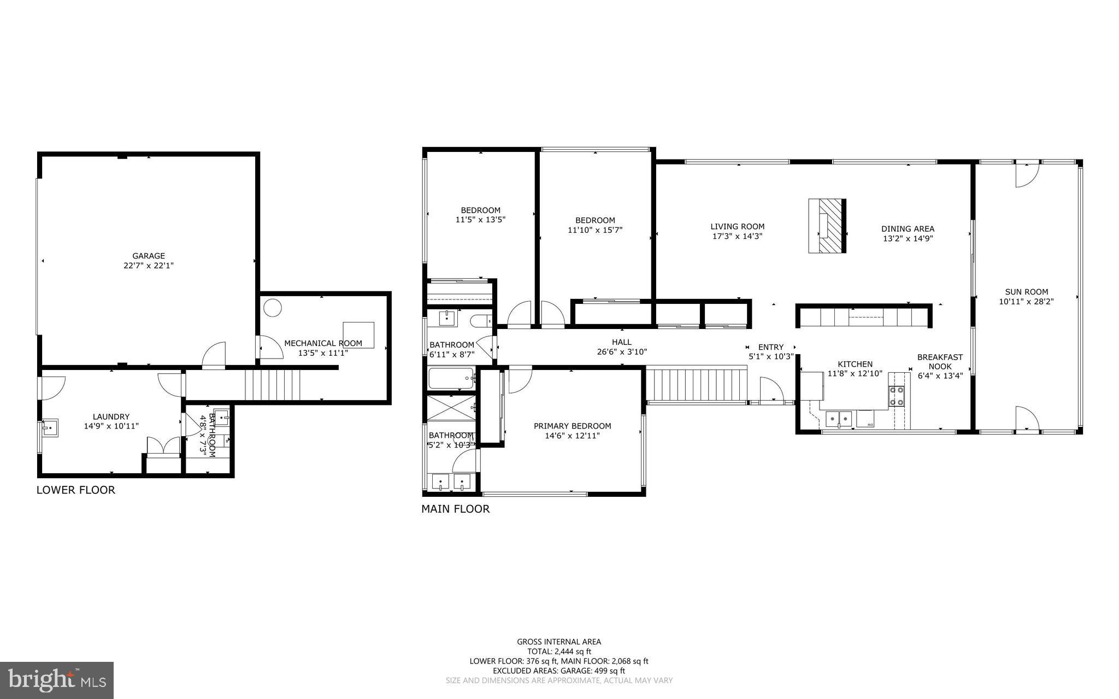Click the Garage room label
tap(148, 256)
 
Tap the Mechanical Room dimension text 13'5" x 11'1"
tap(323, 353)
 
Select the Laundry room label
tap(111, 416)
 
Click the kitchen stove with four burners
tap(897, 396)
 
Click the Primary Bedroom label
tap(572, 426)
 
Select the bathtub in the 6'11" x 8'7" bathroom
tap(451, 378)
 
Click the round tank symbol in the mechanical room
tap(272, 308)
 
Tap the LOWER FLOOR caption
tap(75, 490)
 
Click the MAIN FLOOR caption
tap(455, 509)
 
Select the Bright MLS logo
tap(57, 680)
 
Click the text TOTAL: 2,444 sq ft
tap(559, 651)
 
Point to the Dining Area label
tap(908, 229)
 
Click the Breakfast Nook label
tap(940, 362)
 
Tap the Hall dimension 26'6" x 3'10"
tap(622, 352)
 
